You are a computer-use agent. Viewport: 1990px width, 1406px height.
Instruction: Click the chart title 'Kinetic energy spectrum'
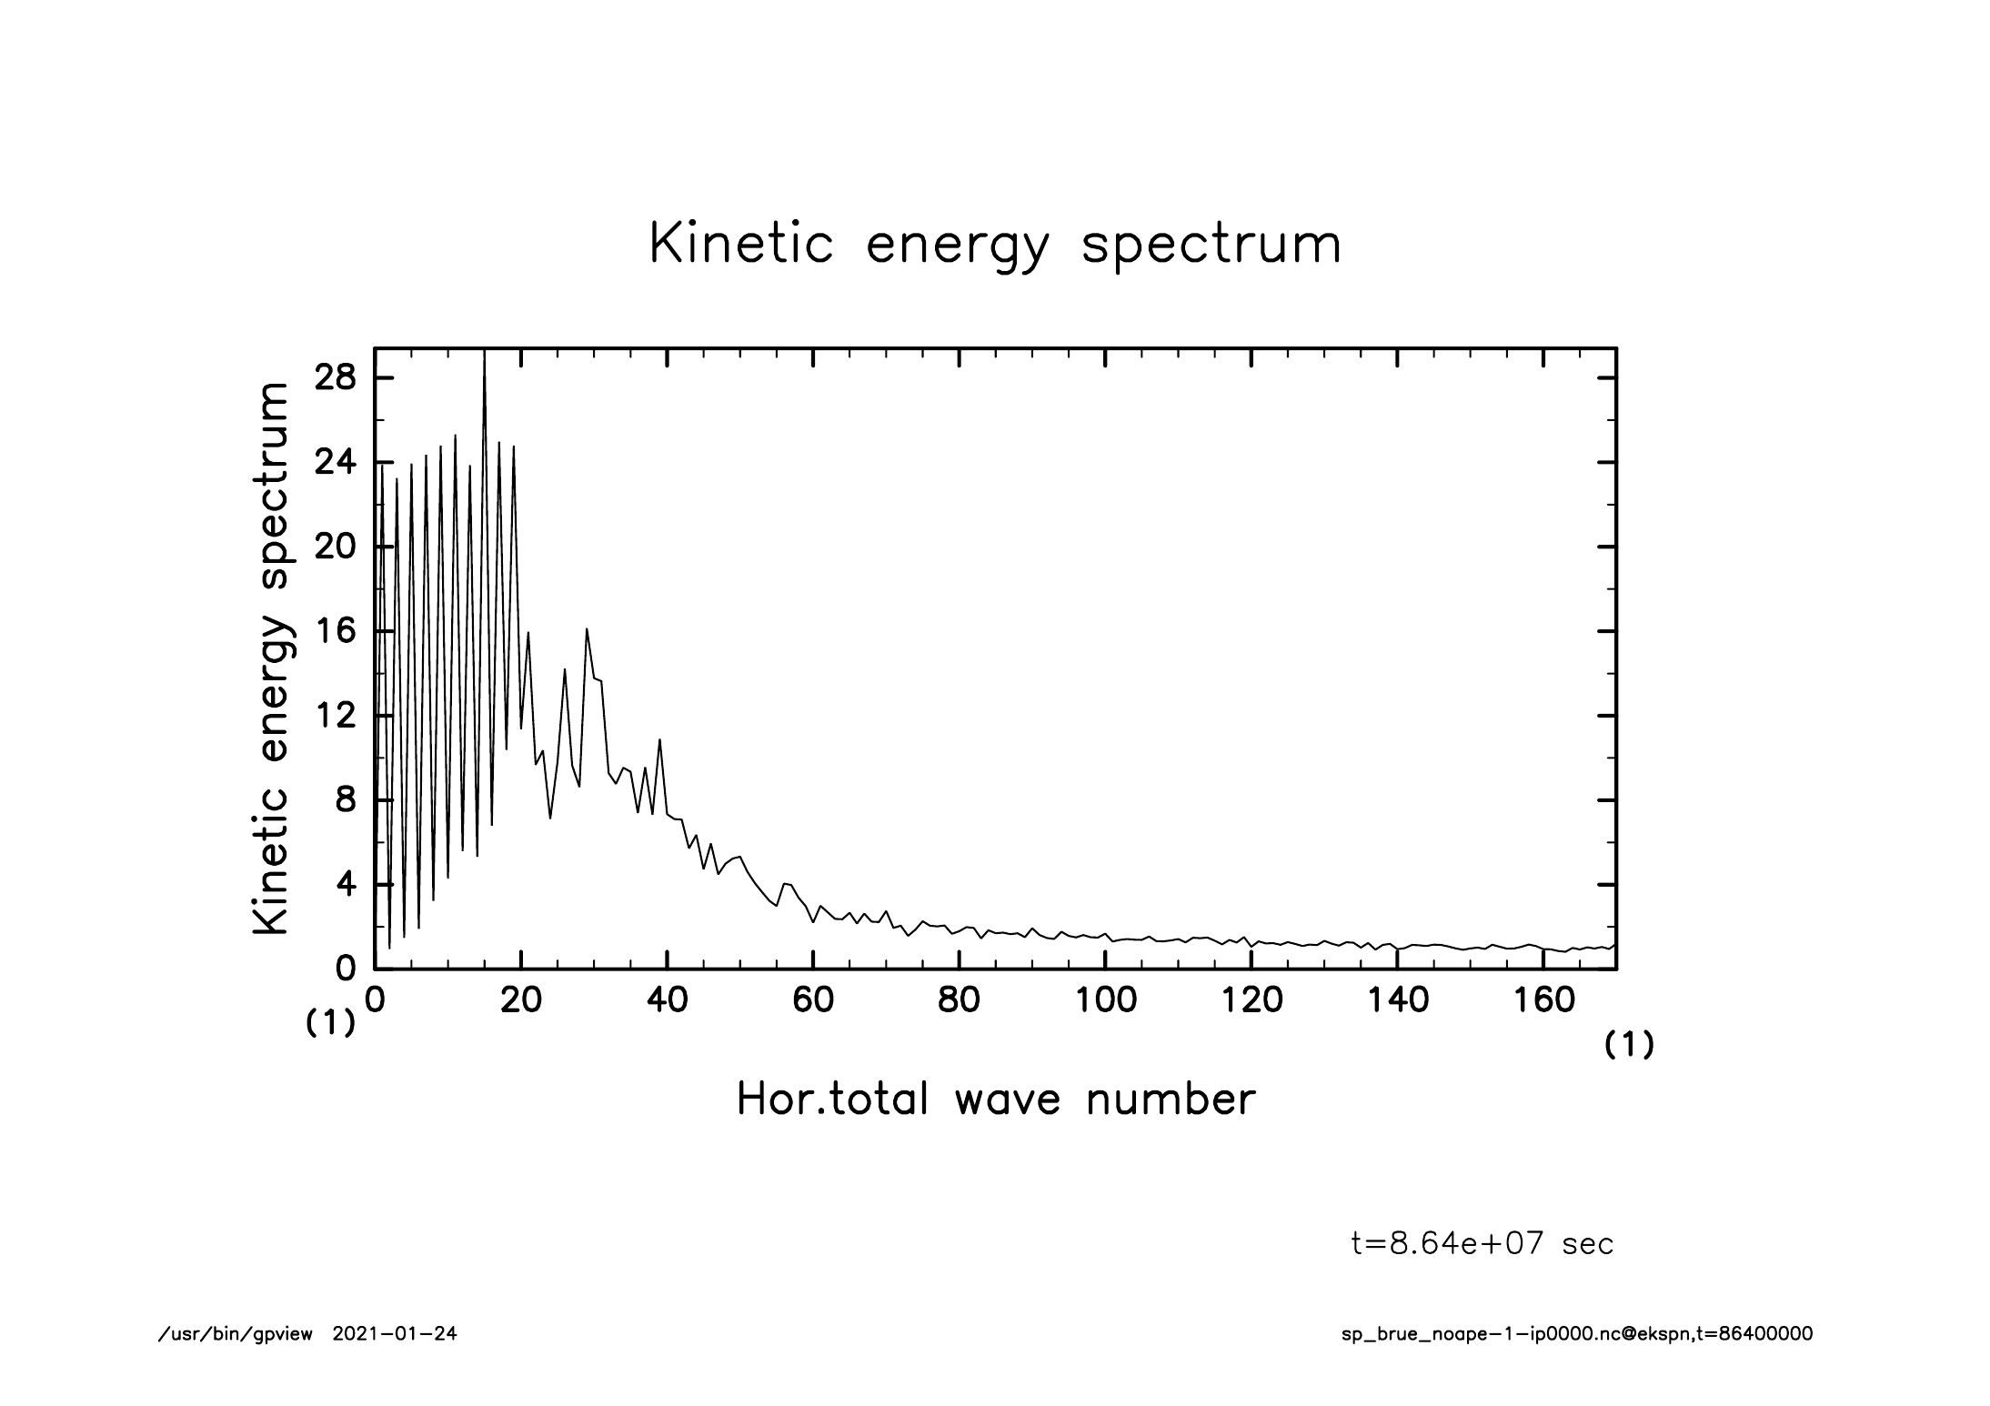click(995, 244)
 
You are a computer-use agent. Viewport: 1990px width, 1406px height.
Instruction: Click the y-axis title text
click(271, 658)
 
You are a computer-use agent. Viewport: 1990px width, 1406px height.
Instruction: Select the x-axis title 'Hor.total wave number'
click(995, 1099)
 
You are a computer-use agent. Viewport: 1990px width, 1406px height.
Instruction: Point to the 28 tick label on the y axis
click(335, 378)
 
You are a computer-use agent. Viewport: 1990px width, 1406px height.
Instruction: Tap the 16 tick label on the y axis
click(335, 631)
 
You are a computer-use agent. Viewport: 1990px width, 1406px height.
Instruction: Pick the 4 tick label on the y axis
click(346, 885)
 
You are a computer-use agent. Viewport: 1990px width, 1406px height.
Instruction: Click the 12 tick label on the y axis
click(335, 716)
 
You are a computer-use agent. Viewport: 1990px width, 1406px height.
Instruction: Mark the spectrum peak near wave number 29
click(587, 630)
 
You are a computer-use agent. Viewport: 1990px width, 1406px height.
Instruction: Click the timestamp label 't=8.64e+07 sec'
click(1482, 1244)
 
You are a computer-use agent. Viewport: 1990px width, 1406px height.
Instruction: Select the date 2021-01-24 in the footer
click(395, 1334)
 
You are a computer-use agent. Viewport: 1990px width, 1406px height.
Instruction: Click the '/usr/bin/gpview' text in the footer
click(235, 1334)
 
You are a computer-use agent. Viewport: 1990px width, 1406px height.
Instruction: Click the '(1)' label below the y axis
click(329, 1024)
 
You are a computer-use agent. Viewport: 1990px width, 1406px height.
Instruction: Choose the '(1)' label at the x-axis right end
click(1628, 1046)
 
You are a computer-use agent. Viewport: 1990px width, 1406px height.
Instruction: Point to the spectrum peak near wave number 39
click(659, 740)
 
